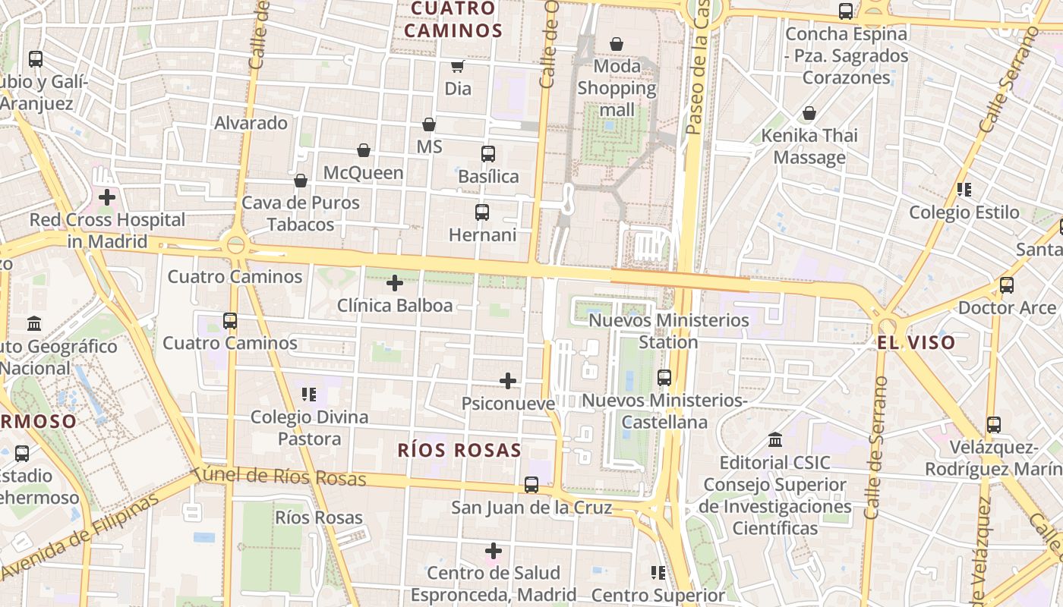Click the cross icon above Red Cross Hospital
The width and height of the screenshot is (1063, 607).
[x=107, y=197]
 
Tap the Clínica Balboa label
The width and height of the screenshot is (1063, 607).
[x=395, y=306]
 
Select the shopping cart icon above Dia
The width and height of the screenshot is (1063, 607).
[x=458, y=66]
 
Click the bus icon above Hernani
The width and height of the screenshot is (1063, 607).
[x=482, y=212]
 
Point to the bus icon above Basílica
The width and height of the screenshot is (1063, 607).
[x=488, y=154]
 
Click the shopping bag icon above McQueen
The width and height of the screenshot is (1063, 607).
[x=364, y=150]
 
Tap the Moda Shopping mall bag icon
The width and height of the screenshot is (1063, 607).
[x=617, y=44]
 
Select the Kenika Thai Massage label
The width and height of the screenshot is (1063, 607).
[x=809, y=146]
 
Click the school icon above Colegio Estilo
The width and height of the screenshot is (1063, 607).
[x=964, y=190]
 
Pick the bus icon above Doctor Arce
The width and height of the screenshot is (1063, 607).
[x=1007, y=285]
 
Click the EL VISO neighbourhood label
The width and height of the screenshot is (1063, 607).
[x=916, y=342]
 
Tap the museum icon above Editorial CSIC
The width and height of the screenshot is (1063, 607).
[x=775, y=440]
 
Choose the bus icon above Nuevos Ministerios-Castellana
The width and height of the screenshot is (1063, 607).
[x=664, y=377]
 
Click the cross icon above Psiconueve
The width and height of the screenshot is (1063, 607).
[x=508, y=381]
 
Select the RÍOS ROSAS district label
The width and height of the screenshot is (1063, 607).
[x=459, y=450]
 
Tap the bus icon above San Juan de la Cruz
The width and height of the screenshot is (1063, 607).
[x=531, y=485]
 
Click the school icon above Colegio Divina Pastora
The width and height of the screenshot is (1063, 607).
[x=309, y=394]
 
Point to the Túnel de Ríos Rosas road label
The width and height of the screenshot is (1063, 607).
[x=279, y=476]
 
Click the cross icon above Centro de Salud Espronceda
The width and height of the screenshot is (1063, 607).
[x=494, y=550]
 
